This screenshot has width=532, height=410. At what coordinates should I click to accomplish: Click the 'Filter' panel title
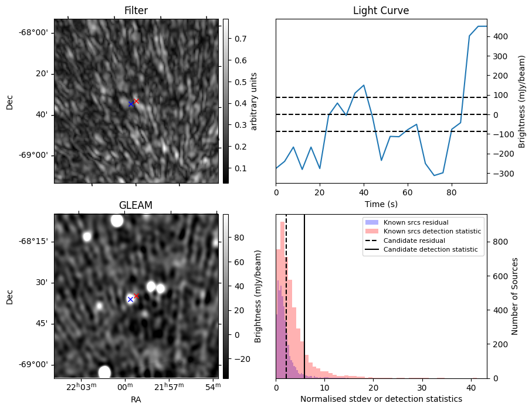(x=136, y=11)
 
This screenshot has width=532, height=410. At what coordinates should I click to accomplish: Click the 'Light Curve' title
(x=381, y=11)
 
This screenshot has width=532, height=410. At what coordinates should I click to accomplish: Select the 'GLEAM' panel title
(x=136, y=205)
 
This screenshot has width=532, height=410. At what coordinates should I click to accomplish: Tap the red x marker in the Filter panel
(x=136, y=101)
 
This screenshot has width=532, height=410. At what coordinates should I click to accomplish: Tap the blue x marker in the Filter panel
(x=131, y=104)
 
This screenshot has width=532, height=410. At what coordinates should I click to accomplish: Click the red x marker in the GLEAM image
(x=136, y=296)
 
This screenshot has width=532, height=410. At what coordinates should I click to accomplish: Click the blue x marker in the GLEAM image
(x=130, y=299)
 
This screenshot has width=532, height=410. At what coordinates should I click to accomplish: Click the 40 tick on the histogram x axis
(x=470, y=387)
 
